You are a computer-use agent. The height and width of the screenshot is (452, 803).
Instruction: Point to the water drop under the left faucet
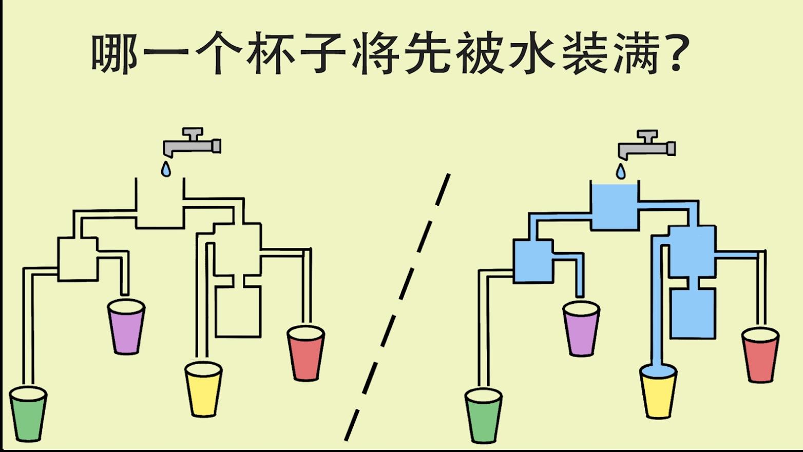point(166,169)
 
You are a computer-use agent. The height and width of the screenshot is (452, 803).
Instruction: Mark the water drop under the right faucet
point(621,171)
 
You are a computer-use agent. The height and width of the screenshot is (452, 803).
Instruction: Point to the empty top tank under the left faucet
point(160,205)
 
